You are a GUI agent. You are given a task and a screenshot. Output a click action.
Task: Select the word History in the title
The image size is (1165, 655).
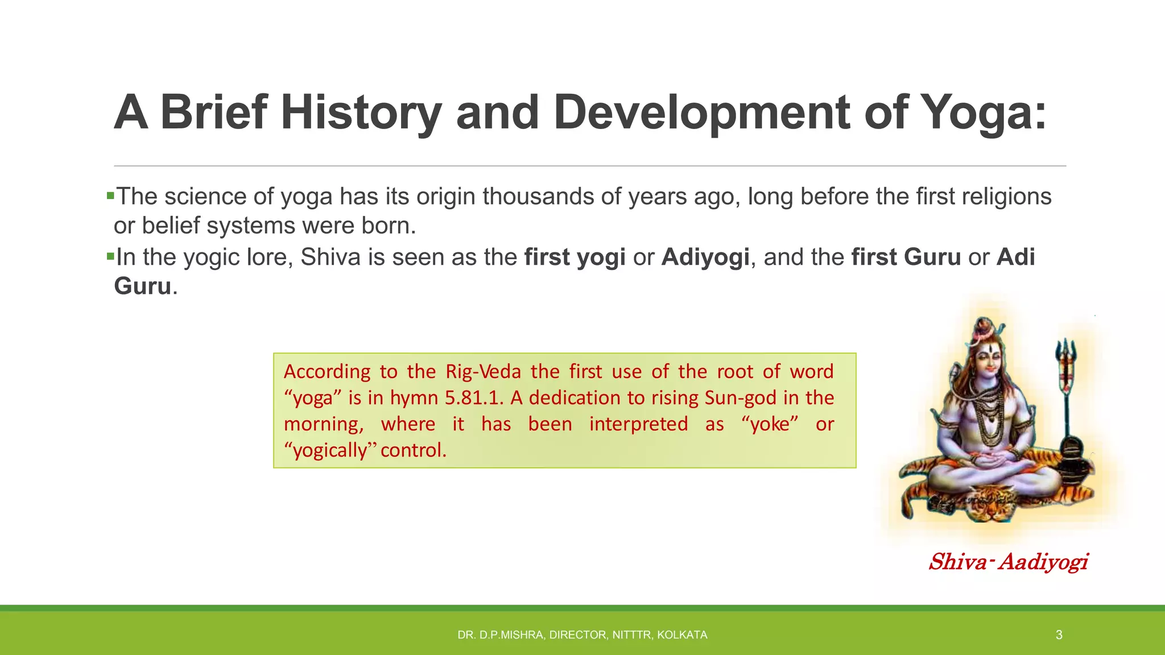tap(361, 113)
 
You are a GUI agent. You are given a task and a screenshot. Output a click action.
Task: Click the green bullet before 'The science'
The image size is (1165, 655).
tap(110, 196)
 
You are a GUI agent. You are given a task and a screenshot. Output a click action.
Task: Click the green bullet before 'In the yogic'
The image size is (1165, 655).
tap(110, 256)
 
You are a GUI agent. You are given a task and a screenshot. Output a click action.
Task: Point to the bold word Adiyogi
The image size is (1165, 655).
tap(705, 258)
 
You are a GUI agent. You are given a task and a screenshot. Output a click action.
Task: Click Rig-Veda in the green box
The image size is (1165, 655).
tap(483, 371)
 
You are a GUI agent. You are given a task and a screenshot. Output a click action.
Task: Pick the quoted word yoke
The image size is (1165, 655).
tap(770, 424)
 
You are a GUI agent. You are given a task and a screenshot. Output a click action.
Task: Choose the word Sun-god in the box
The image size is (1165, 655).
tap(740, 397)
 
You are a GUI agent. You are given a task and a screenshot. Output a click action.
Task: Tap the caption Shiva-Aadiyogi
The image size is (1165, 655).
tap(1008, 562)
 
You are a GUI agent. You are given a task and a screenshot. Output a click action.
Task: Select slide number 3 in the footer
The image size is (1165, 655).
tap(1059, 635)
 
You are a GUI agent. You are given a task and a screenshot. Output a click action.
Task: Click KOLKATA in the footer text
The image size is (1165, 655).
tap(682, 635)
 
